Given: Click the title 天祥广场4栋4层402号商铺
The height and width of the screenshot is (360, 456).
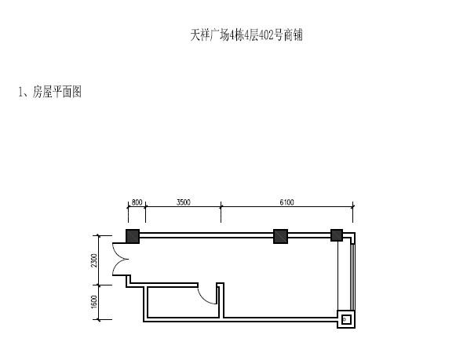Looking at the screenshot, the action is tap(246, 35).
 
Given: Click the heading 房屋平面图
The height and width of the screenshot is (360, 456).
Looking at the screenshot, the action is tap(57, 92).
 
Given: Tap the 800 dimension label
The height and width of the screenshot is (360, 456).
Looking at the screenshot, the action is tap(137, 202).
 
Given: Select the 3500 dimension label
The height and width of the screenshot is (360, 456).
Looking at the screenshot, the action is tap(183, 202).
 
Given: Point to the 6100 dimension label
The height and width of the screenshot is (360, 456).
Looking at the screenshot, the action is tap(286, 202).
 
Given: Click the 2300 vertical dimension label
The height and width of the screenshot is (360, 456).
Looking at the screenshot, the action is tap(93, 260).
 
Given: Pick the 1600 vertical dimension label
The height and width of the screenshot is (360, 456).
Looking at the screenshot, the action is tap(93, 302).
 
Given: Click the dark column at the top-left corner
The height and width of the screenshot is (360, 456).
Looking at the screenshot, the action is tap(133, 236).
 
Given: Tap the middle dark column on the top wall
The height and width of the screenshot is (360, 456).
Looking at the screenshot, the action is tap(281, 236).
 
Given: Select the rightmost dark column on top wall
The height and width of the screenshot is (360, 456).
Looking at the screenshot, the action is tap(337, 235).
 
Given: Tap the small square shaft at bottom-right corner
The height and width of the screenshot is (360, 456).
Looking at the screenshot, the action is tap(346, 320).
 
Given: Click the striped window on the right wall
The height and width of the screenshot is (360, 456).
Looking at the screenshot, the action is tap(352, 277).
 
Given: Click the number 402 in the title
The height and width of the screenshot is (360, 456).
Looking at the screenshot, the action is tap(266, 35).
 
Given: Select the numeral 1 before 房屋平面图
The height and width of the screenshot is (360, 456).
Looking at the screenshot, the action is tap(20, 92).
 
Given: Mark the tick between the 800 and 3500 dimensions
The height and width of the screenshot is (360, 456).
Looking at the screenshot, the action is tap(145, 206).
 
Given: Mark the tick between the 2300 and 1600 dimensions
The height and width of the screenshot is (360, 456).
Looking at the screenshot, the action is tap(99, 285).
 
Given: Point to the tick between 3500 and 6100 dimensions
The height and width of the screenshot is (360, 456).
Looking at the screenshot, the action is tap(221, 206).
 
